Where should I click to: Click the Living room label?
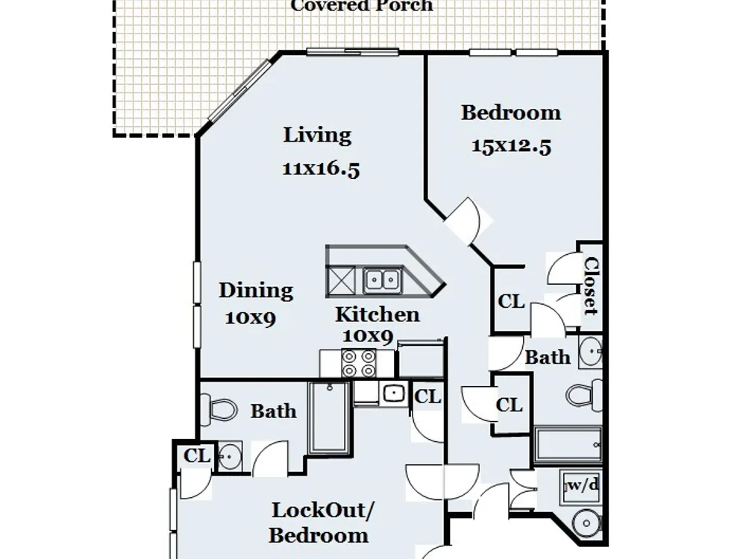pos(317,136)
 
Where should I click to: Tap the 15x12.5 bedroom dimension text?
pos(511,146)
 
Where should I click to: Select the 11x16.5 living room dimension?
pos(321,168)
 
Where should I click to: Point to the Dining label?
pos(255,291)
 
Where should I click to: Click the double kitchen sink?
pos(383,280)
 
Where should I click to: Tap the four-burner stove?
pos(358,363)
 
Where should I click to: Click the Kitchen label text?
pos(377,315)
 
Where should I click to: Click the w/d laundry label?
pos(583,485)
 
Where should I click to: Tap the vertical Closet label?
pos(590,286)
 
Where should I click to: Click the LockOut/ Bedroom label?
pos(321,523)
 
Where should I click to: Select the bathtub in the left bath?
pos(329,418)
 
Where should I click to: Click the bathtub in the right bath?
pos(568,445)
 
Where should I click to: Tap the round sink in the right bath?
pos(591,352)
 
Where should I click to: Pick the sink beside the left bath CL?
pos(229,457)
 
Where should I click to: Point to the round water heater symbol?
pos(586,524)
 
